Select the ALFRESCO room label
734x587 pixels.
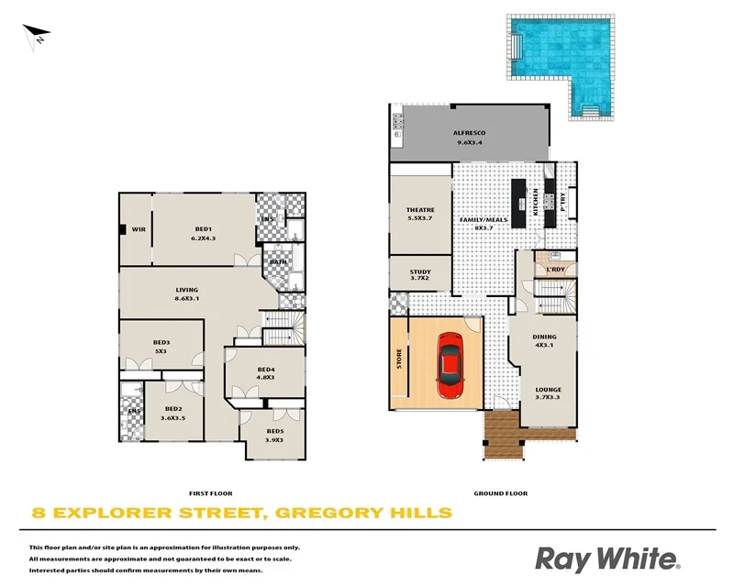[469, 134]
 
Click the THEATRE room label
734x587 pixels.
[420, 210]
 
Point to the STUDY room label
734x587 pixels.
[420, 271]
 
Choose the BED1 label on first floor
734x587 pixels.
[203, 228]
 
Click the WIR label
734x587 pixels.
[139, 228]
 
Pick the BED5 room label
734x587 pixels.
[274, 431]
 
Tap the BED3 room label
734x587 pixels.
[161, 343]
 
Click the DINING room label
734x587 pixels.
[544, 337]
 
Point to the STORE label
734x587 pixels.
[399, 359]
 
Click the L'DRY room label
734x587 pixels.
[554, 269]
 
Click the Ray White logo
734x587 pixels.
[606, 558]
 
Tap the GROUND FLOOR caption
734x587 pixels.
[500, 493]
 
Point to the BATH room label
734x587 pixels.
[278, 262]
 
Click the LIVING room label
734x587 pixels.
[187, 291]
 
